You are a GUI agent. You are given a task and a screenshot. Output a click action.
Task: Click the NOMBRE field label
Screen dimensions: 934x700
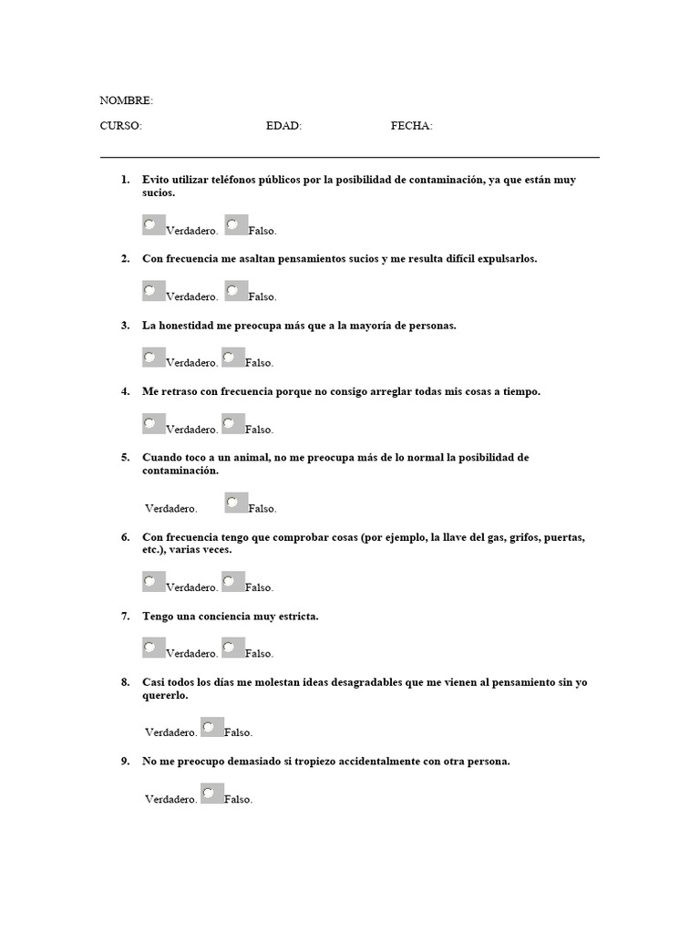(x=126, y=100)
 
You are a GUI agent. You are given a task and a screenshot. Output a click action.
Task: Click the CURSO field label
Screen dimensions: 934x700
(x=120, y=126)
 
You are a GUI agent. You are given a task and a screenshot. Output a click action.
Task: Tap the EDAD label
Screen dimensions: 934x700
(x=283, y=126)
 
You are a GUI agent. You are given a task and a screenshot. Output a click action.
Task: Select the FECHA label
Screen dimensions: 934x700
(x=411, y=126)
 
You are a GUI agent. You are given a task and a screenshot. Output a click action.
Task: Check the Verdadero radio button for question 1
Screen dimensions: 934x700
(x=149, y=223)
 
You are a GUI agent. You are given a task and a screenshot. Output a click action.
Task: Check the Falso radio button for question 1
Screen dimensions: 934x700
(x=232, y=223)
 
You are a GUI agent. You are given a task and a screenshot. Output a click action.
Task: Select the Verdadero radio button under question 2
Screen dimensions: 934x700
(x=149, y=290)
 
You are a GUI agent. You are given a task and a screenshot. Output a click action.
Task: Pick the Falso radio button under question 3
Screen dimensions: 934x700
(x=230, y=356)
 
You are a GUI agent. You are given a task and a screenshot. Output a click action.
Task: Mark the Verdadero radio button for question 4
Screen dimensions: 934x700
(x=149, y=422)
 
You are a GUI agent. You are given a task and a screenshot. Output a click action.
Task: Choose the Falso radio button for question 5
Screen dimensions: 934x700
(x=232, y=501)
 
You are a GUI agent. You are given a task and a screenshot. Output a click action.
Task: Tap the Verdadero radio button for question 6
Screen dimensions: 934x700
(x=149, y=580)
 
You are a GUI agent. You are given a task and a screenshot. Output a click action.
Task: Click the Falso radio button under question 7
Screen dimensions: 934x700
(x=230, y=646)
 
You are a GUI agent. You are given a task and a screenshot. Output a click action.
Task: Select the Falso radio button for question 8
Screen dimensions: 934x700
(x=209, y=726)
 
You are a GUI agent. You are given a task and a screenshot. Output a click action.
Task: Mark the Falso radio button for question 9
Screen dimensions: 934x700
(x=209, y=792)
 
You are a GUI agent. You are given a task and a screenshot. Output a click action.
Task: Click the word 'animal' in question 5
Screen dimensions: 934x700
(x=245, y=457)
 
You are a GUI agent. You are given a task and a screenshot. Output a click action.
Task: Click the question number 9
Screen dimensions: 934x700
(x=125, y=762)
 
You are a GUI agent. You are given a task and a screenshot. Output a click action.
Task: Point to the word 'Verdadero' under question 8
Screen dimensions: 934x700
(x=170, y=732)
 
